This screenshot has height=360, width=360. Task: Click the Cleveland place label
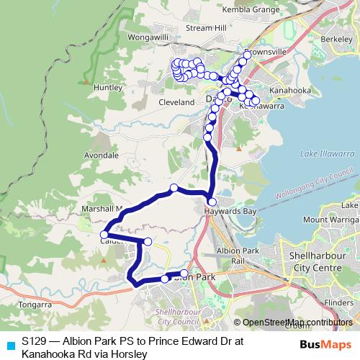(x=177, y=103)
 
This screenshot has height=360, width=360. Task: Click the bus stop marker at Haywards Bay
(x=212, y=202)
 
